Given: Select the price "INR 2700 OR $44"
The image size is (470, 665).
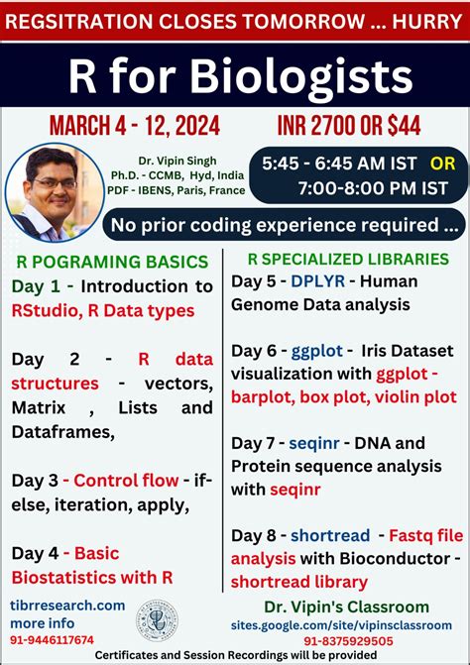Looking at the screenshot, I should click(x=354, y=127).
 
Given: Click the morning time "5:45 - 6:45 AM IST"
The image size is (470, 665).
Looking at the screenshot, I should click(x=332, y=162).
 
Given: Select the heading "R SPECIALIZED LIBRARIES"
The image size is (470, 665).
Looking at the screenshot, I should click(x=343, y=260).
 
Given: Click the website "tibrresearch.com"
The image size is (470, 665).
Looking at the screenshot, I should click(x=68, y=605).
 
